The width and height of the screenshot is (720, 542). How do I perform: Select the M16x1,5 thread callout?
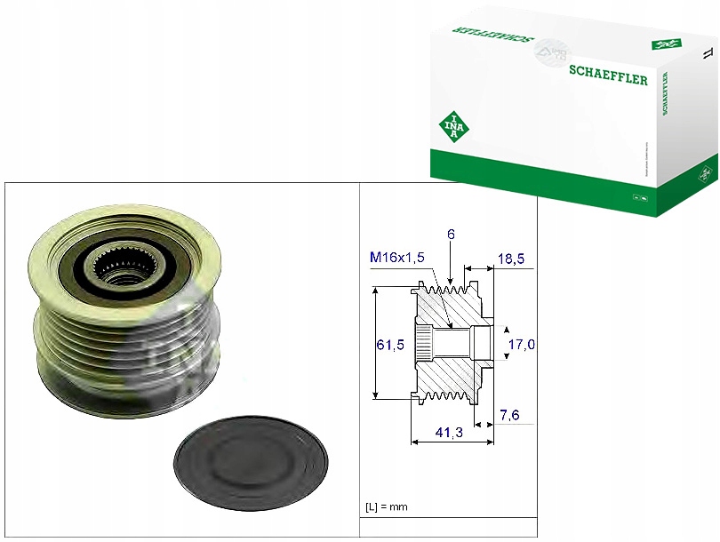point(397,257)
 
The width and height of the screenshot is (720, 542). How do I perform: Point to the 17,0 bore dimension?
point(521,344)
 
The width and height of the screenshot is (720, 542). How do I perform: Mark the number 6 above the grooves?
point(451,235)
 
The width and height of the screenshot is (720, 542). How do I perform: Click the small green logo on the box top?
point(664,44)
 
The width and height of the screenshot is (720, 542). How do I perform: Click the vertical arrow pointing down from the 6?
point(451,259)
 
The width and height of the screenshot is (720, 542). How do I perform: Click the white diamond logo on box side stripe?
point(708,170)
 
